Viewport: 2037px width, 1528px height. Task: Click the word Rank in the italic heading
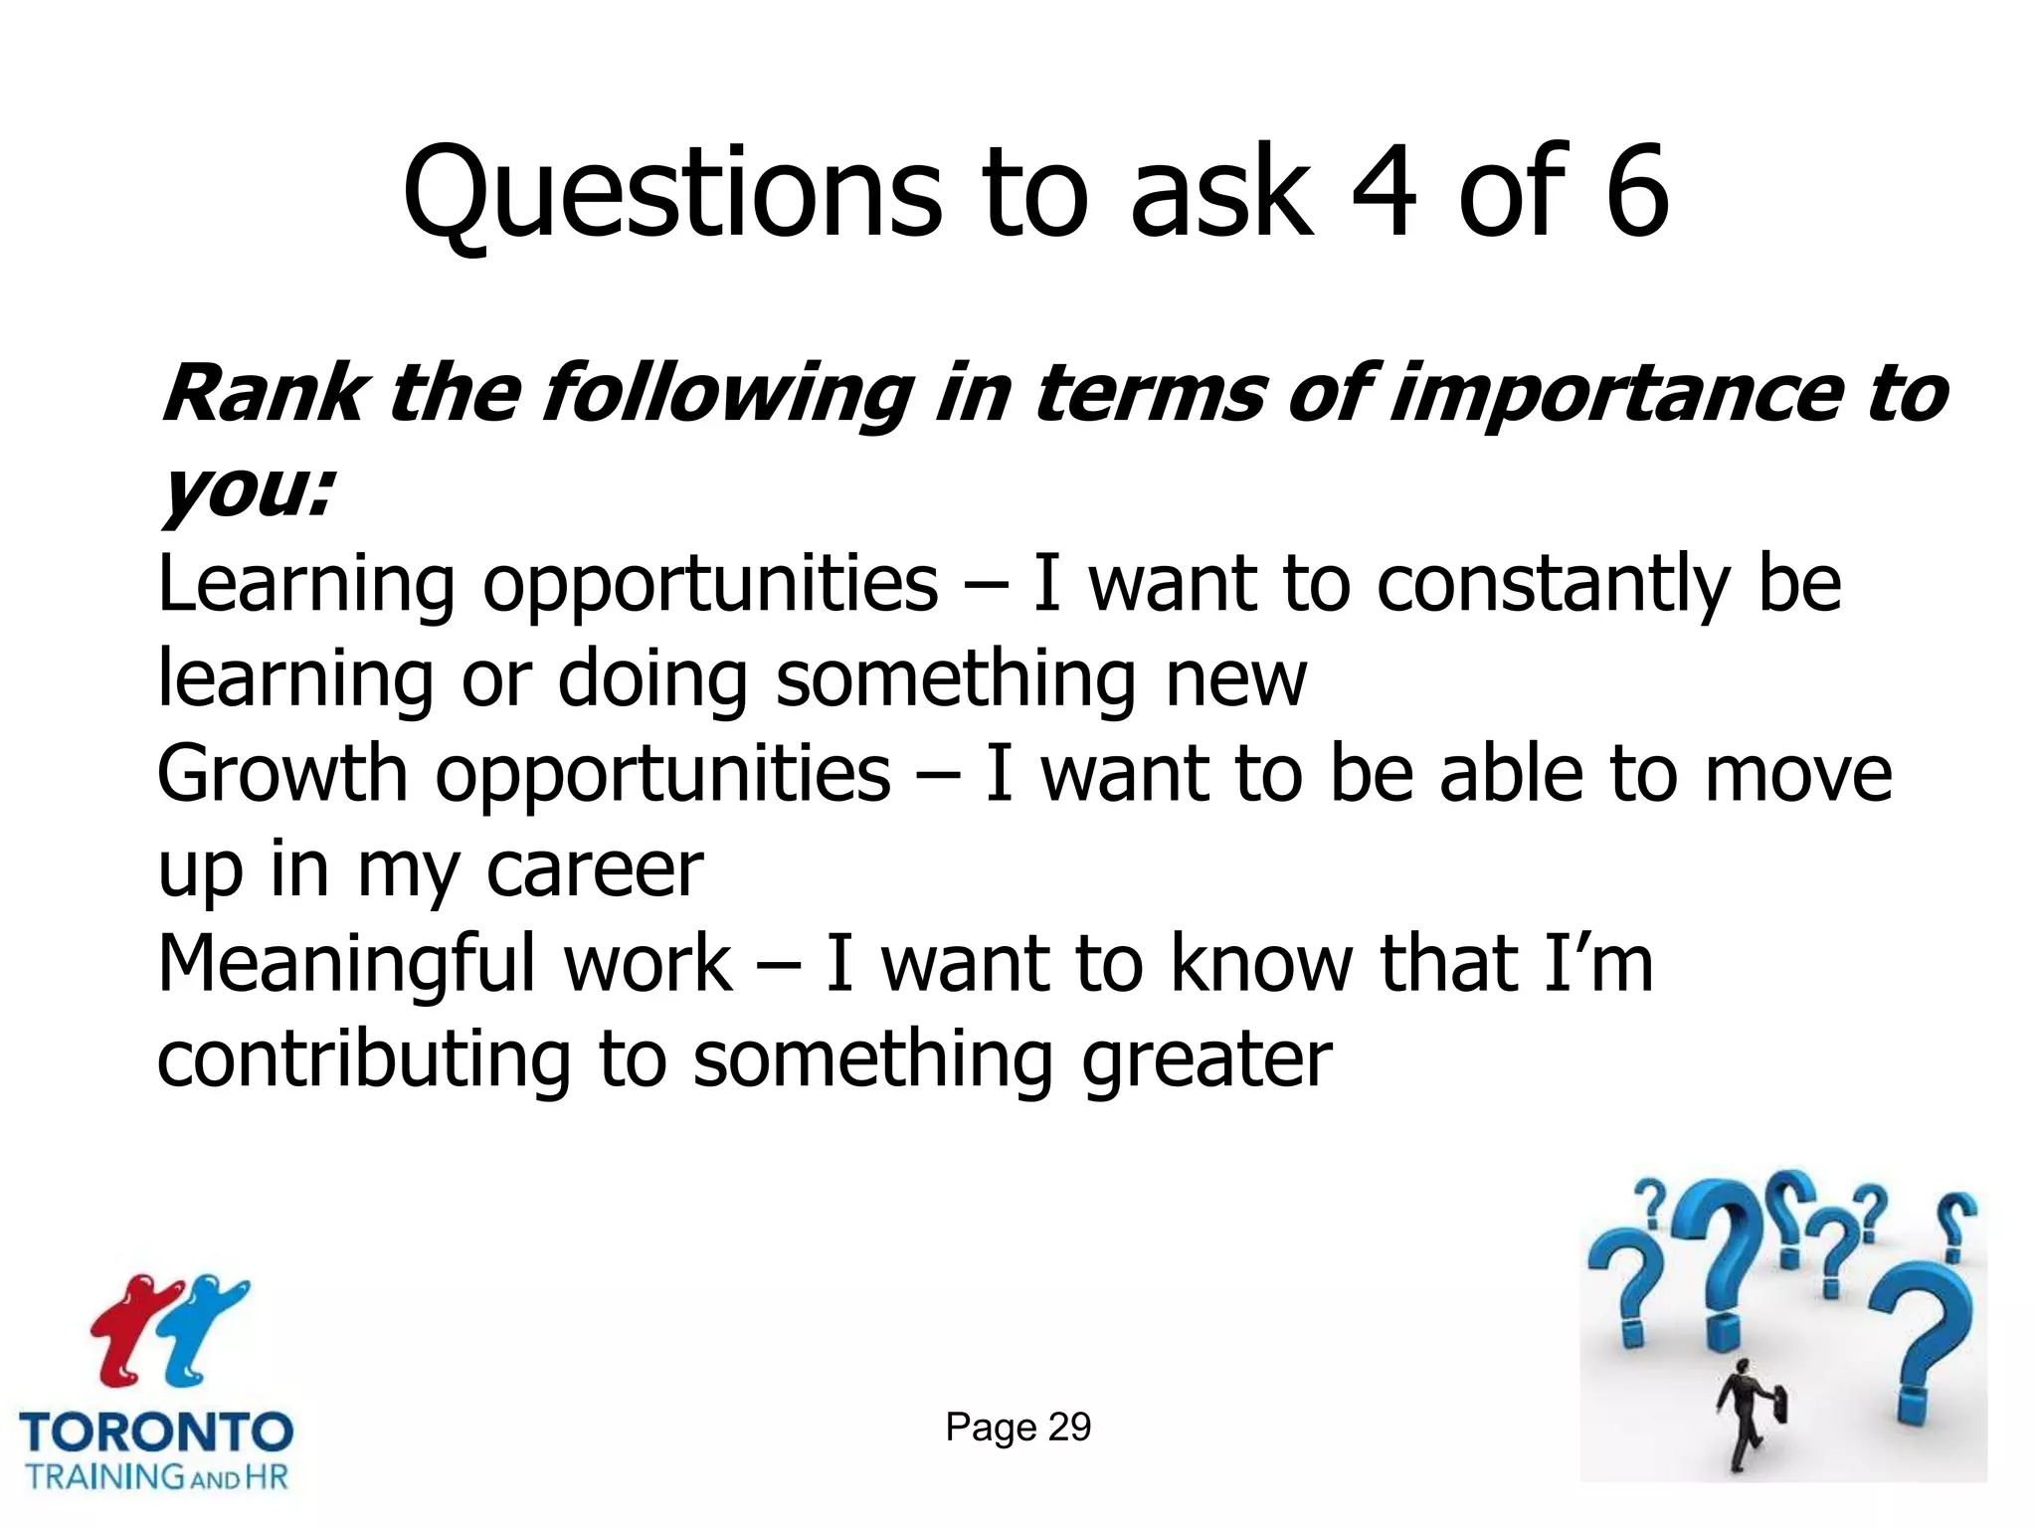coord(264,394)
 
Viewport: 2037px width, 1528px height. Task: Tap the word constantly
coord(1552,585)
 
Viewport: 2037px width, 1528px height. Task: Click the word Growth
coord(282,775)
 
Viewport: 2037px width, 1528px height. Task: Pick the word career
coord(594,870)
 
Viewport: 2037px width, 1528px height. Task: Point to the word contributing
coord(363,1060)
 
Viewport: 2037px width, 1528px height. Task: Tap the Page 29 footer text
coord(1018,1427)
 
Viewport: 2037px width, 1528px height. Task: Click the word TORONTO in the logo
coord(156,1432)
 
